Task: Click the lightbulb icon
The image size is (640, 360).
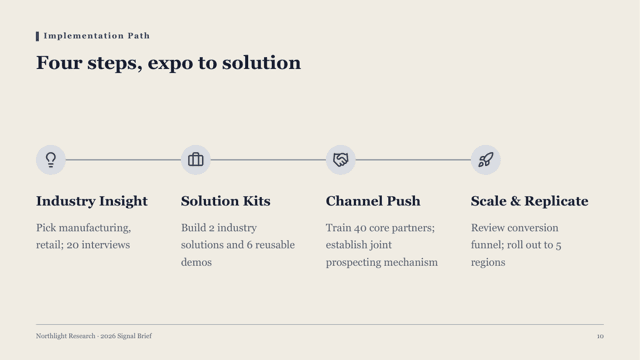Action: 51,160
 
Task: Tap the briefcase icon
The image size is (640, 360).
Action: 196,160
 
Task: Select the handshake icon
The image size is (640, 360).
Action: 340,160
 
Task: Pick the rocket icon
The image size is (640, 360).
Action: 485,160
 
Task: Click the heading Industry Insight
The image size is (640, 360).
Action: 92,201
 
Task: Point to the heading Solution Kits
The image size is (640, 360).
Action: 226,201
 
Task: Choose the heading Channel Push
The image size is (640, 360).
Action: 373,201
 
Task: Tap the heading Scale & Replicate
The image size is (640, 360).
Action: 529,201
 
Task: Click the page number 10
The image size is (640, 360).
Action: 600,336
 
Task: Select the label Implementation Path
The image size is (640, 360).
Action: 97,36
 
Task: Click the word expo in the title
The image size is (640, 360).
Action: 170,63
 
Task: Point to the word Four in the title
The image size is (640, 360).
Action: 59,62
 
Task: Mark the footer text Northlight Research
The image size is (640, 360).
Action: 65,336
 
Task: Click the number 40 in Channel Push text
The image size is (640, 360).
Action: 360,228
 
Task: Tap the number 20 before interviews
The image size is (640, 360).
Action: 73,245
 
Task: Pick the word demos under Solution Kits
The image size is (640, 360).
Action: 196,262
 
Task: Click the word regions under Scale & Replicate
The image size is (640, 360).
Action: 488,262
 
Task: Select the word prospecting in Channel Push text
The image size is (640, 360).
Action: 351,262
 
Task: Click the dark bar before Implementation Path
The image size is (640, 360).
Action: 38,36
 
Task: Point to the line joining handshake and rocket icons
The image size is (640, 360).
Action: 413,160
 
